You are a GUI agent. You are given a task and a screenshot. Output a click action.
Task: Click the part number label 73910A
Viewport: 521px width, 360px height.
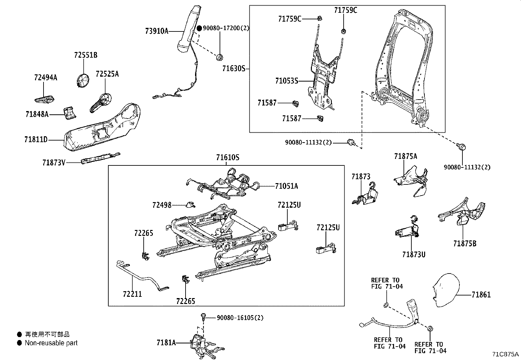[156, 31]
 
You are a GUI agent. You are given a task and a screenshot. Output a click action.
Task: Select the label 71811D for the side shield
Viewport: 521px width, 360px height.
[36, 140]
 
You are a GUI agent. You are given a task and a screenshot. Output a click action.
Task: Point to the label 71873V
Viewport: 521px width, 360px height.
[54, 162]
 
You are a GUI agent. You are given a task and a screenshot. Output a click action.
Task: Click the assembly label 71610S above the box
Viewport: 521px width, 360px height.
[227, 158]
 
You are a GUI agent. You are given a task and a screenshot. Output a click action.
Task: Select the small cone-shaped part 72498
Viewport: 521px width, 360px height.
[190, 205]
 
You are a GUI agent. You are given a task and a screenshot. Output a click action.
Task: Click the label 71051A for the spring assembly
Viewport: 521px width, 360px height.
[286, 186]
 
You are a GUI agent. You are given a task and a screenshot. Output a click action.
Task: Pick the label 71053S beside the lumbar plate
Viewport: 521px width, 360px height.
[287, 81]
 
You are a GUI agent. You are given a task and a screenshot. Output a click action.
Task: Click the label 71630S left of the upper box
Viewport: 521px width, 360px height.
[233, 68]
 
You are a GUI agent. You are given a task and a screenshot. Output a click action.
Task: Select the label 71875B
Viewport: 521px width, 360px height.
[464, 243]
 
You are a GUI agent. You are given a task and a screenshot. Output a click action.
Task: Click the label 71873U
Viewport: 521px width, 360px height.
[414, 254]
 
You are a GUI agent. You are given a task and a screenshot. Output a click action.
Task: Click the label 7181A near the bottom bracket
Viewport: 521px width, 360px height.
[166, 343]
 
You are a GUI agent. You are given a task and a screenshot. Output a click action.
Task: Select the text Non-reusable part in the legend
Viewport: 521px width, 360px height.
[51, 343]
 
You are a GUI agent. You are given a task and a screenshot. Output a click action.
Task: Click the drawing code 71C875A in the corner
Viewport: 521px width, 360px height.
[505, 354]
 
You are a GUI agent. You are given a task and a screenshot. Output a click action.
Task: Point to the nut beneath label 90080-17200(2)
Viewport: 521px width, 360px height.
[220, 58]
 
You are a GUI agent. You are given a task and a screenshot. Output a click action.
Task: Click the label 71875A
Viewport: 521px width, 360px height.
[405, 156]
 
